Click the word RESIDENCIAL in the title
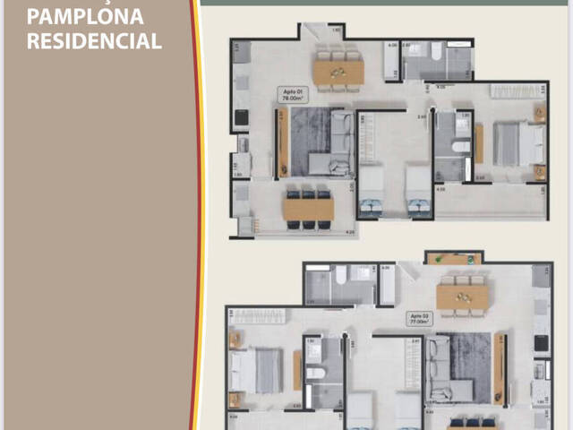click(94, 41)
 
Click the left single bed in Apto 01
click(371, 193)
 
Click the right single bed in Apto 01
click(417, 193)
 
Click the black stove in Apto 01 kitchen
click(241, 117)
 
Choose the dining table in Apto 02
click(462, 295)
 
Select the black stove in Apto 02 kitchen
click(541, 341)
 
